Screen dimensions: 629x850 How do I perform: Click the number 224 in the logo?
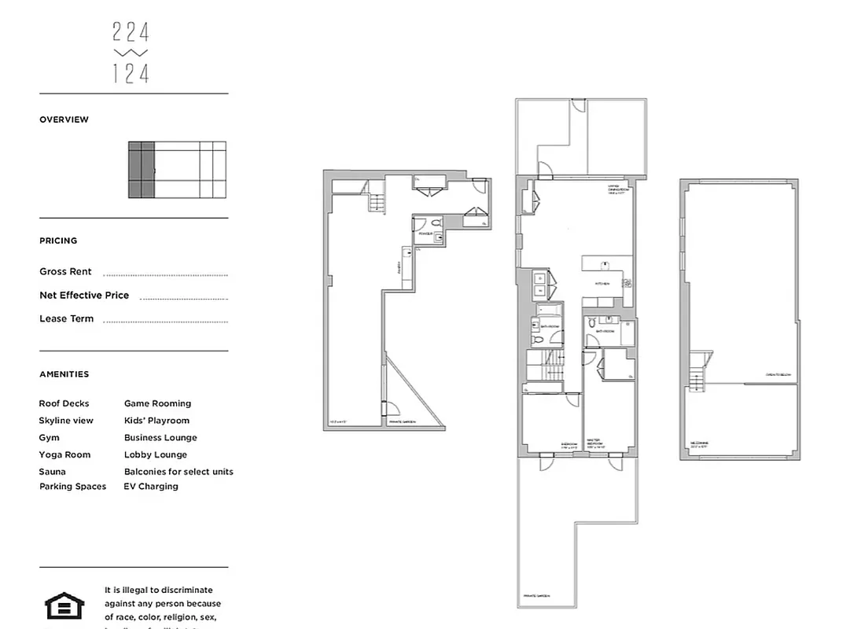[131, 32]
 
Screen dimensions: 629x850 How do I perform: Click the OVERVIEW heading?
[64, 120]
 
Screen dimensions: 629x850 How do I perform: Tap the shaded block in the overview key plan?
[141, 170]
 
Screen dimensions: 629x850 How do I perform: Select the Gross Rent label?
[65, 271]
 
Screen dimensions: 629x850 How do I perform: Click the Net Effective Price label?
[84, 295]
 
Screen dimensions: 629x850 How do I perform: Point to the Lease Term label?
[66, 318]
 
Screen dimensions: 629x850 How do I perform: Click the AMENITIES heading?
[64, 374]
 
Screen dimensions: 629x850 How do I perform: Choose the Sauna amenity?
[52, 472]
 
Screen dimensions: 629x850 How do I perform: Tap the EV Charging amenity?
[151, 487]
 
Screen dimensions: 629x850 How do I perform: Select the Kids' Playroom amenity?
[156, 421]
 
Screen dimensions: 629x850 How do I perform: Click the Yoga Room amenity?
[64, 454]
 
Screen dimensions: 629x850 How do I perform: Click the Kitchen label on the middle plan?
[602, 284]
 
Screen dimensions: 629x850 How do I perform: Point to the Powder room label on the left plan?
[425, 234]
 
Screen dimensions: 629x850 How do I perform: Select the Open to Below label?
[777, 374]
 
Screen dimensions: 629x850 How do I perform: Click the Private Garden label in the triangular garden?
[401, 422]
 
